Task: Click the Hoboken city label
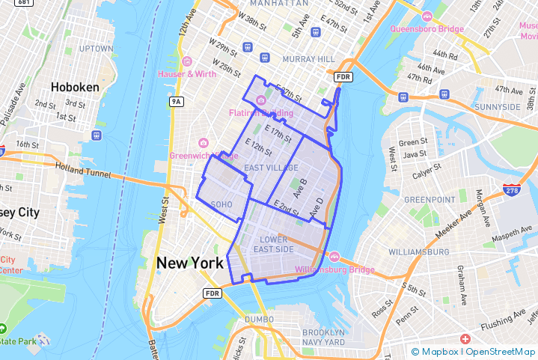pos(75,87)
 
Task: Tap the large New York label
pos(189,263)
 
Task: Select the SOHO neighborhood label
pos(222,204)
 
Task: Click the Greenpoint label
pos(430,200)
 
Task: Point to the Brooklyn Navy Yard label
pos(324,338)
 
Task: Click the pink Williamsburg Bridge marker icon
pos(334,257)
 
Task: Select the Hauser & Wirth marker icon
pos(186,61)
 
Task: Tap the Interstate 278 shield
pos(512,190)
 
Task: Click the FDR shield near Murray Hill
pos(343,76)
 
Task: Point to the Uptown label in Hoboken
pos(95,49)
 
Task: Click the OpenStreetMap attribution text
pos(500,352)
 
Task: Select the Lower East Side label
pos(273,244)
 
